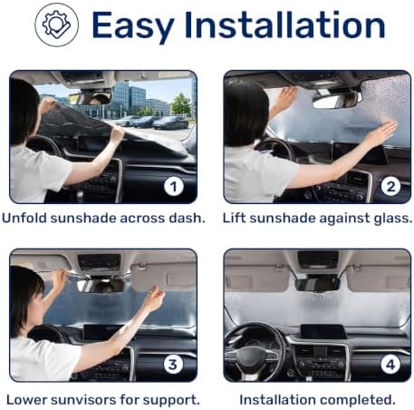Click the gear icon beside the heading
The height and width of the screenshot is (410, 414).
(56, 24)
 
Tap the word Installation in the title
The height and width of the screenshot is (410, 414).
(284, 24)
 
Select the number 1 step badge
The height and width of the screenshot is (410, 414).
(174, 186)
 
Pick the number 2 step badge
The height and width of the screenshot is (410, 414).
(390, 186)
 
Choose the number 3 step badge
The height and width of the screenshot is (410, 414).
(173, 365)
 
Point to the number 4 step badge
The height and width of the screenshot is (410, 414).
(390, 365)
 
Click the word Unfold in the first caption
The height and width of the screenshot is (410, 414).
(24, 218)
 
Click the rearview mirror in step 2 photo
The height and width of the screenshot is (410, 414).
(337, 101)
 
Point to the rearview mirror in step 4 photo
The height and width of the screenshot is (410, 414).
(318, 284)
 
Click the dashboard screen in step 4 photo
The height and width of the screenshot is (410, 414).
(323, 332)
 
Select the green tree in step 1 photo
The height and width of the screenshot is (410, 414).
(181, 105)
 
